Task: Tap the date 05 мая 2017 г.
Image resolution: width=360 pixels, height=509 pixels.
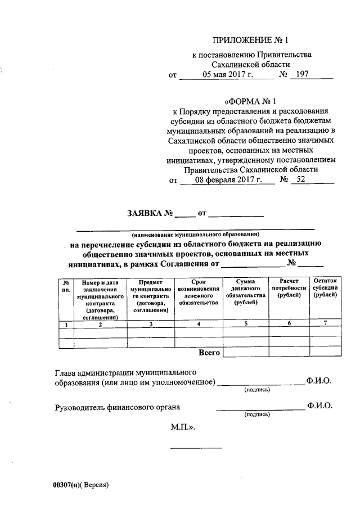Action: click(x=218, y=74)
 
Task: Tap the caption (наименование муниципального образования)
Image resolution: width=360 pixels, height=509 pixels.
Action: click(x=195, y=233)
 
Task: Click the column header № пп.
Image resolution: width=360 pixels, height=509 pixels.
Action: click(x=66, y=285)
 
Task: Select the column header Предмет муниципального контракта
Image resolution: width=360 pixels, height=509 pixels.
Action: click(x=150, y=295)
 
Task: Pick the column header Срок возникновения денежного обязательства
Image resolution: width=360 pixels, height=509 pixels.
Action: click(x=199, y=291)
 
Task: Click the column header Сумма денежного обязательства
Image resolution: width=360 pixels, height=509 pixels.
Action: click(x=245, y=291)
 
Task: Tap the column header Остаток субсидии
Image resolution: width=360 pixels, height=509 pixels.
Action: click(x=326, y=287)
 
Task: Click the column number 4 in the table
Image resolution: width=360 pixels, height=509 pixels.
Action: click(x=199, y=324)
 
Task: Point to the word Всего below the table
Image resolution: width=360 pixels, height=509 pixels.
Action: click(x=209, y=353)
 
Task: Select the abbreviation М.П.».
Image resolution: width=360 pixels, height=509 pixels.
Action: click(x=183, y=427)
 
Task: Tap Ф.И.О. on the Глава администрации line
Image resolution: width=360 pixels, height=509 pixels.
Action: click(x=319, y=381)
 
